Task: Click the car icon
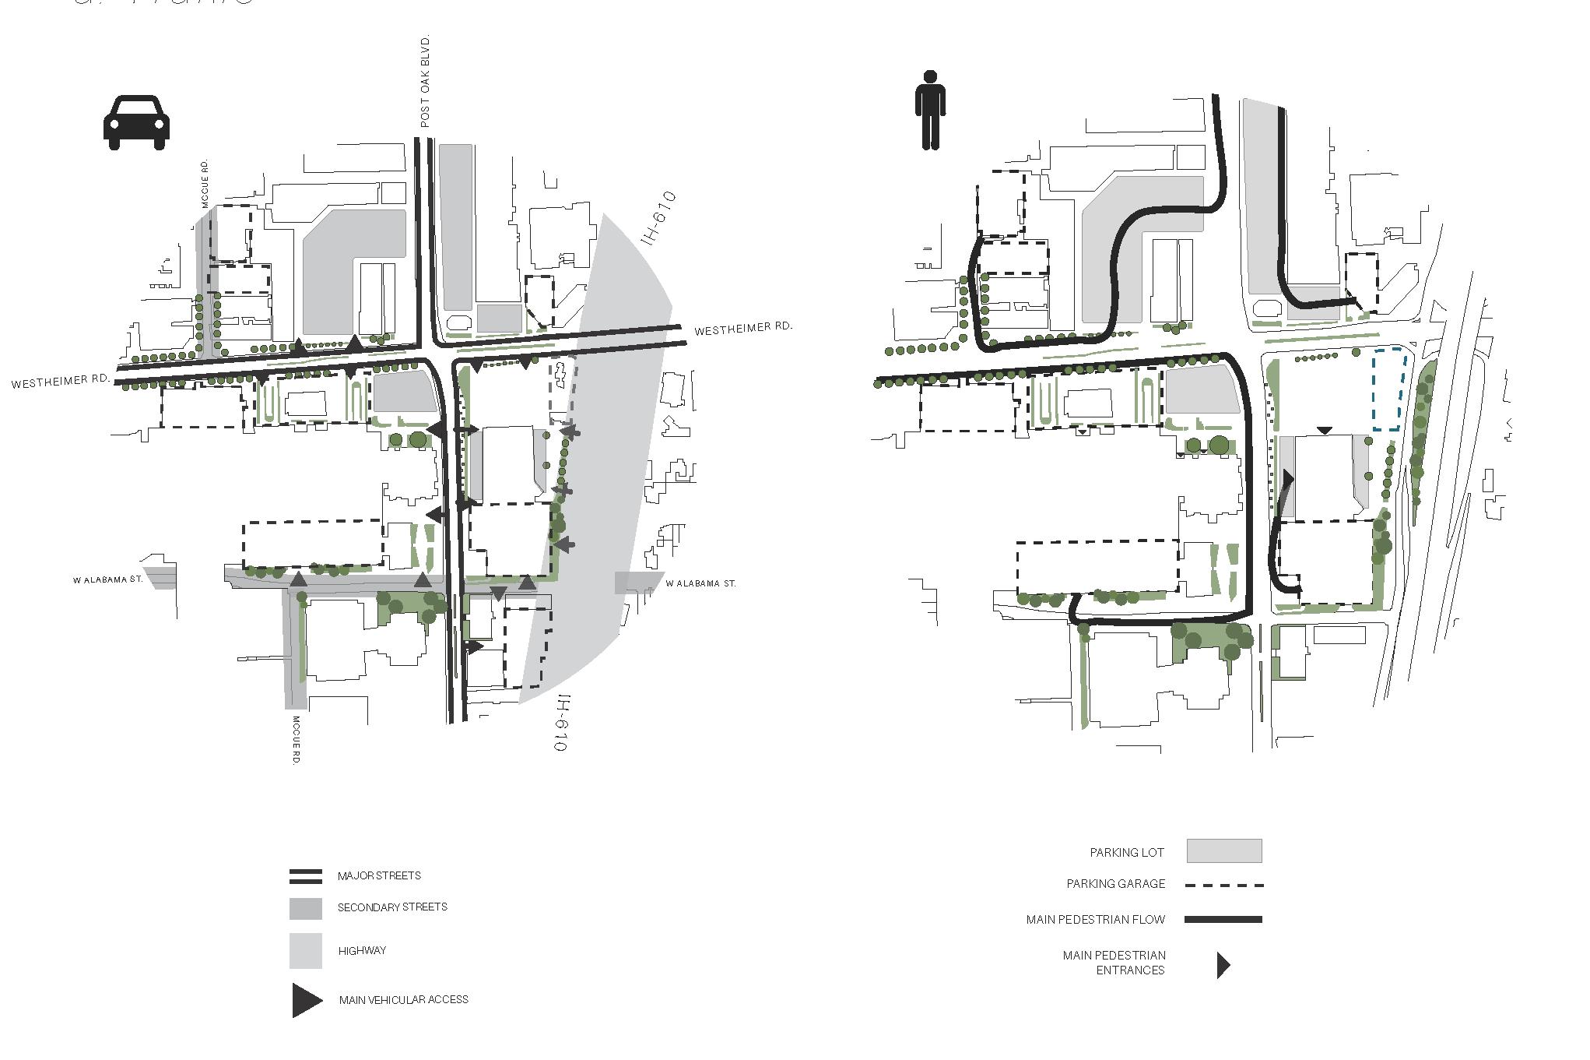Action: tap(136, 122)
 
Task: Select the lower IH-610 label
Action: tap(562, 723)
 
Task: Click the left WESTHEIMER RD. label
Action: tap(60, 382)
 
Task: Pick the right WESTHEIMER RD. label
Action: tap(742, 329)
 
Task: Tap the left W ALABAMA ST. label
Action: tap(108, 579)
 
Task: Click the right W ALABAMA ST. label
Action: tap(700, 583)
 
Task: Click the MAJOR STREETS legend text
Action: tap(379, 875)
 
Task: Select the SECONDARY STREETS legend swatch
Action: tap(306, 908)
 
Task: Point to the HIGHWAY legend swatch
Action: tap(306, 950)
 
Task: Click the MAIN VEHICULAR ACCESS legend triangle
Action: tap(307, 1000)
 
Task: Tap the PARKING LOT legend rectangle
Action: tap(1223, 851)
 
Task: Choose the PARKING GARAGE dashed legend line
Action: tap(1223, 885)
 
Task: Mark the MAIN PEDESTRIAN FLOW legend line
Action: tap(1223, 920)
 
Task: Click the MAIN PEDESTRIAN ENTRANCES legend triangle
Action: tap(1223, 965)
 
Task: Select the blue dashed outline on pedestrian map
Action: tap(1390, 389)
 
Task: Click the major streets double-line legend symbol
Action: tap(306, 876)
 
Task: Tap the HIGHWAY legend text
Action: tap(362, 950)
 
